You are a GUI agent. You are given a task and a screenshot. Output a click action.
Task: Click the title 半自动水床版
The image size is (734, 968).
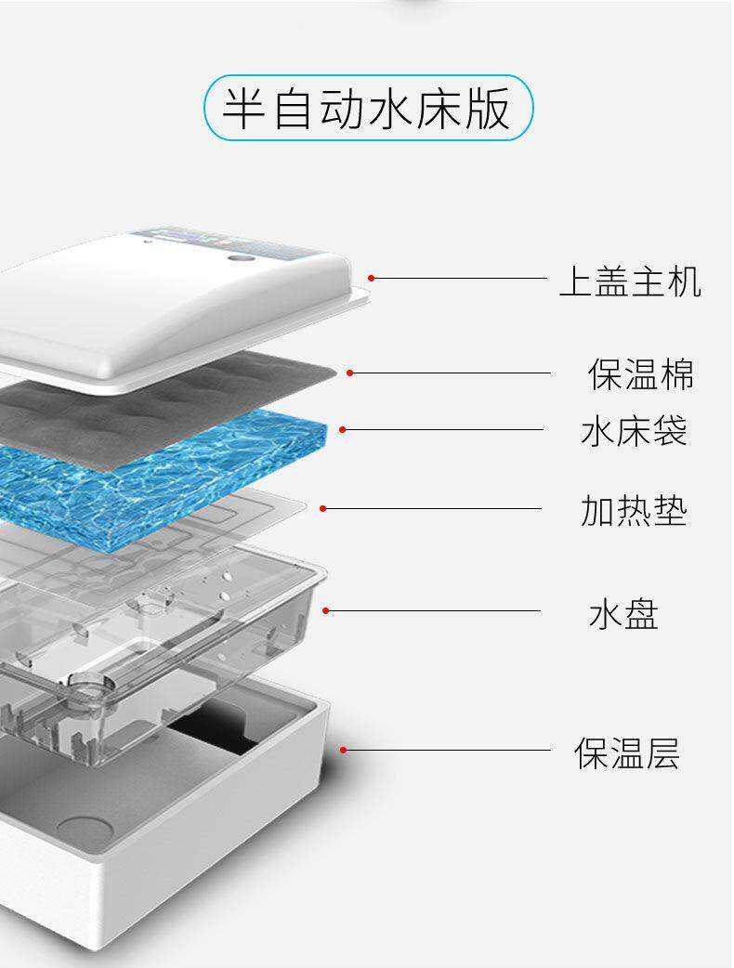click(x=368, y=109)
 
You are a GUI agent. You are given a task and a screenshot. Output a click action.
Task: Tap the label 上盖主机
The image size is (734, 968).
click(x=629, y=280)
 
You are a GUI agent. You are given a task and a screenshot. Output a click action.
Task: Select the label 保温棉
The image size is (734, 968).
click(x=640, y=373)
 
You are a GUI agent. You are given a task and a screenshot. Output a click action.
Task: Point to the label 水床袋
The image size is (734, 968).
click(x=634, y=431)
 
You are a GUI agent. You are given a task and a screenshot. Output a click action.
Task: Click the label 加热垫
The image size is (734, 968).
click(x=634, y=510)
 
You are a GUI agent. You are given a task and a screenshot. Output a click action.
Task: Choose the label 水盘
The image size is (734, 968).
click(x=623, y=614)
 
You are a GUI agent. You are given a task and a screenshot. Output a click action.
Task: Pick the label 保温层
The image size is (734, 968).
click(x=626, y=752)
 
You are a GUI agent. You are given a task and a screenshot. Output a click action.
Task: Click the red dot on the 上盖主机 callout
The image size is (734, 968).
click(x=371, y=278)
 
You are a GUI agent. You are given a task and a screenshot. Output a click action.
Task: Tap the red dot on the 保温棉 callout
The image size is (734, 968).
click(x=350, y=373)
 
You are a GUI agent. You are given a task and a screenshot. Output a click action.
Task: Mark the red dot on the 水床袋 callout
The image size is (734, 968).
click(x=343, y=429)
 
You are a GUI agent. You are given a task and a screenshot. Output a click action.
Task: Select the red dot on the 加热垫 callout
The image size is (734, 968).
click(x=323, y=508)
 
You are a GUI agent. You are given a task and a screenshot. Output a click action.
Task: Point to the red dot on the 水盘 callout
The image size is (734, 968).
click(x=326, y=610)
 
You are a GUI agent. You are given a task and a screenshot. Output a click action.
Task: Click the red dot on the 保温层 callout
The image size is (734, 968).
click(x=343, y=750)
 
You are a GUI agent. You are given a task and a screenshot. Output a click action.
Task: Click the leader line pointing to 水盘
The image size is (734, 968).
click(x=437, y=611)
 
